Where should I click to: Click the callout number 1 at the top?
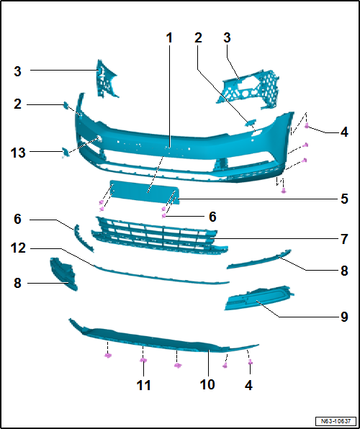(x=170, y=38)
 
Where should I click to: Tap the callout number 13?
(x=18, y=152)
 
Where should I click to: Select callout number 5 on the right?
(x=344, y=199)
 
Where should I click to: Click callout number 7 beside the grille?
(x=344, y=239)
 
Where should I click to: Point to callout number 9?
(x=344, y=317)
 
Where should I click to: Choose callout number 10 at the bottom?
(x=207, y=384)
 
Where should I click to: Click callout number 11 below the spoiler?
(x=143, y=385)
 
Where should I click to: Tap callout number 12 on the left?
(x=18, y=248)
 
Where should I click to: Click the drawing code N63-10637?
(x=336, y=420)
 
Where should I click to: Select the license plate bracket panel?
(x=145, y=191)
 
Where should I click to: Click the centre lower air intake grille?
(x=159, y=235)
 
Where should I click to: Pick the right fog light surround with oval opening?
(x=258, y=298)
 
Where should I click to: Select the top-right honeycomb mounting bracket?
(x=248, y=90)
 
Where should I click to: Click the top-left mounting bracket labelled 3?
(x=107, y=78)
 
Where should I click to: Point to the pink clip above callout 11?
(x=143, y=360)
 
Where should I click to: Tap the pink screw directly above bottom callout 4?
(x=250, y=362)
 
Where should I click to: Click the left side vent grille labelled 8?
(x=63, y=274)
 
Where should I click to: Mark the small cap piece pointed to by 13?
(x=66, y=152)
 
